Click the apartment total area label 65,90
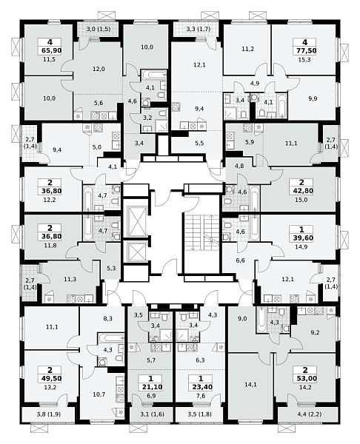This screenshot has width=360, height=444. pyautogui.click(x=50, y=51)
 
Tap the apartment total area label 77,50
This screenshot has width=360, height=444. pyautogui.click(x=304, y=51)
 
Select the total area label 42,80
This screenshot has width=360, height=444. pyautogui.click(x=301, y=191)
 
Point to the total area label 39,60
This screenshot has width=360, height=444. pyautogui.click(x=301, y=238)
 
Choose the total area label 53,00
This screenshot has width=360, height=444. pyautogui.click(x=305, y=379)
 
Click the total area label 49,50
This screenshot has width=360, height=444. pyautogui.click(x=50, y=379)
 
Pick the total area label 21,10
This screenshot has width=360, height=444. pyautogui.click(x=150, y=387)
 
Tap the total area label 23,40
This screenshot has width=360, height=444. pyautogui.click(x=201, y=387)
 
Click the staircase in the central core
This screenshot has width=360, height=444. pyautogui.click(x=201, y=233)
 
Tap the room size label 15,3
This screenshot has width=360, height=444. pyautogui.click(x=304, y=60)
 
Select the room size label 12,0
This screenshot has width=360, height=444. pyautogui.click(x=99, y=69)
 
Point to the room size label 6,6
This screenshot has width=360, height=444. pyautogui.click(x=240, y=260)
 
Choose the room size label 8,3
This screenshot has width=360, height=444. pyautogui.click(x=107, y=318)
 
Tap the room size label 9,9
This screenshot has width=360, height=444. pyautogui.click(x=313, y=99)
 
